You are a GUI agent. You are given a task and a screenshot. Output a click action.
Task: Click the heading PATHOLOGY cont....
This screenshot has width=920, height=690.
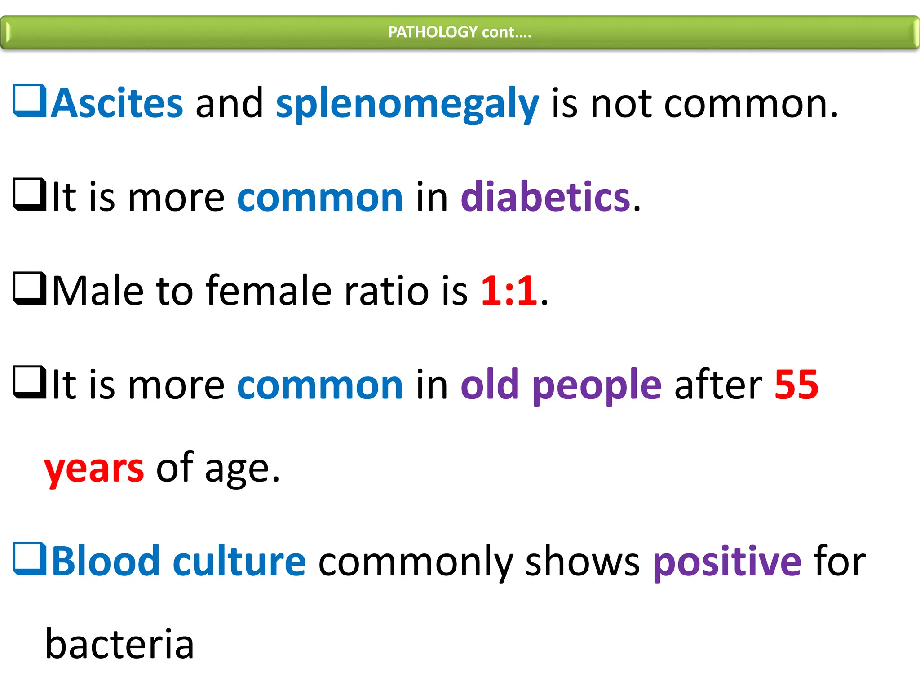460,32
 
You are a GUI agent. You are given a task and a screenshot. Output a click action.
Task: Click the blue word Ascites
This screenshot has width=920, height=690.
117,104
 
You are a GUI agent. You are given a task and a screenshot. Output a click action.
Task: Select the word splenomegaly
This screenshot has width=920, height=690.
407,105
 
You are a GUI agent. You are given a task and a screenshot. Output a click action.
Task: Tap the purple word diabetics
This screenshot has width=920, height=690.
546,197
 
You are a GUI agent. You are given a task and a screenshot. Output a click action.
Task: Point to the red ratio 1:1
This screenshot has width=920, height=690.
509,291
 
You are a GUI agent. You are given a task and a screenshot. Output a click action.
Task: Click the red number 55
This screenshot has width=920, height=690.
796,385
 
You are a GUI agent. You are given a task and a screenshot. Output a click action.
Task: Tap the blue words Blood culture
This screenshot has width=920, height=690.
179,561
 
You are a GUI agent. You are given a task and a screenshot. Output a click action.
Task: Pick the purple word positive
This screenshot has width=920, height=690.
727,561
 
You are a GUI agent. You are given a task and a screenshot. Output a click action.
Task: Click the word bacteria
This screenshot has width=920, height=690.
119,644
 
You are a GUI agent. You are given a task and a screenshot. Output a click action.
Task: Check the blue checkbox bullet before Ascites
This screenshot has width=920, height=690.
30,101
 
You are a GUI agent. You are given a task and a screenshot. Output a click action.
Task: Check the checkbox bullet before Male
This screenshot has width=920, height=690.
30,289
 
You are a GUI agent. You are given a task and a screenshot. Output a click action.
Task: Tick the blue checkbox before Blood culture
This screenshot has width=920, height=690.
30,559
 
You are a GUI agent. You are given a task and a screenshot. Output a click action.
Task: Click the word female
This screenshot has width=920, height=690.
268,291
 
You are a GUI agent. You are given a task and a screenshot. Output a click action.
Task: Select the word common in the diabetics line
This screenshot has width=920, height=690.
320,198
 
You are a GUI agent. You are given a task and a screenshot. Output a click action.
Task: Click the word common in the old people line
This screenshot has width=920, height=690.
320,385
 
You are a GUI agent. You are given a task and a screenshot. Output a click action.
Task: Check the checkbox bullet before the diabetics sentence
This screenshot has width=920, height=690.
30,195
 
